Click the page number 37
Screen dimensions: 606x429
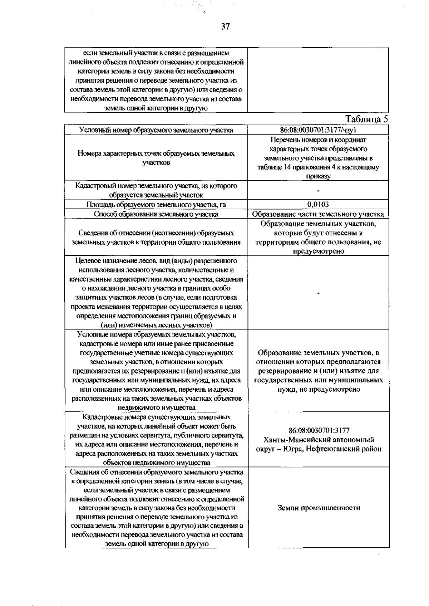point(225,26)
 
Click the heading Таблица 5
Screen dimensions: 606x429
point(366,119)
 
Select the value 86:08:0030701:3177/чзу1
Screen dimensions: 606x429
point(318,130)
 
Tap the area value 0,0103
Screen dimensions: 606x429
point(318,205)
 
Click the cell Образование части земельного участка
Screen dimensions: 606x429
point(318,214)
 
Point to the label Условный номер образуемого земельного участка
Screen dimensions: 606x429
point(156,130)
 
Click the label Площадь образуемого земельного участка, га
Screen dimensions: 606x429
point(156,205)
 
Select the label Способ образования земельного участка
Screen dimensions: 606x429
point(156,214)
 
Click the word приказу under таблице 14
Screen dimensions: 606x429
point(318,176)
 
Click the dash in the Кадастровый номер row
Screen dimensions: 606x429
point(318,190)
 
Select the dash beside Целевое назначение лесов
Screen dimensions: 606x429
point(318,293)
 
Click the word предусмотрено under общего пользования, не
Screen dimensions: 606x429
point(319,251)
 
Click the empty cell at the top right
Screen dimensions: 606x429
point(318,80)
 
